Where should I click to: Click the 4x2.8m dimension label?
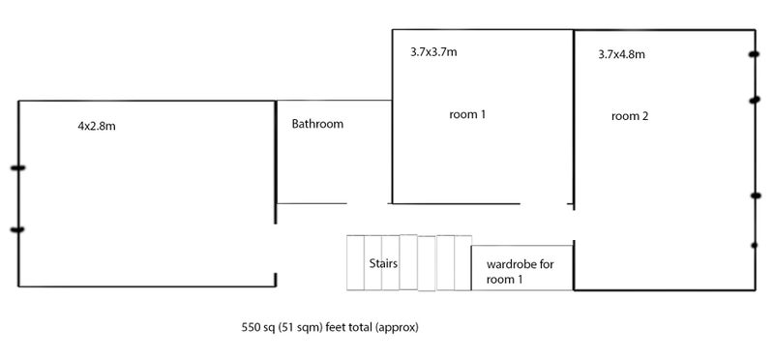[97, 126]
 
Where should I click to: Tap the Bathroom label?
[317, 124]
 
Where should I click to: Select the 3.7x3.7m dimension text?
[433, 52]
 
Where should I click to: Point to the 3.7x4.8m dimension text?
[621, 54]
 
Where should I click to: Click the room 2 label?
[630, 116]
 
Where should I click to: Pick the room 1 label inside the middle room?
[467, 114]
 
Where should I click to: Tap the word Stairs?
[383, 263]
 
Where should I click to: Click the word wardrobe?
[512, 264]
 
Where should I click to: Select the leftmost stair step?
[355, 262]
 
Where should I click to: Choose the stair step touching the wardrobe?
[462, 262]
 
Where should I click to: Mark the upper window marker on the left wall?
[17, 168]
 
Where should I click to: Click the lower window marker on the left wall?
[17, 229]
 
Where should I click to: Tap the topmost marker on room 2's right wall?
[754, 54]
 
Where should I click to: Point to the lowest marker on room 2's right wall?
[755, 245]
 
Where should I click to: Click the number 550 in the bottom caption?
[250, 327]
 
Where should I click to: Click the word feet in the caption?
[336, 327]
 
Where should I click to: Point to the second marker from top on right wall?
[755, 101]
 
